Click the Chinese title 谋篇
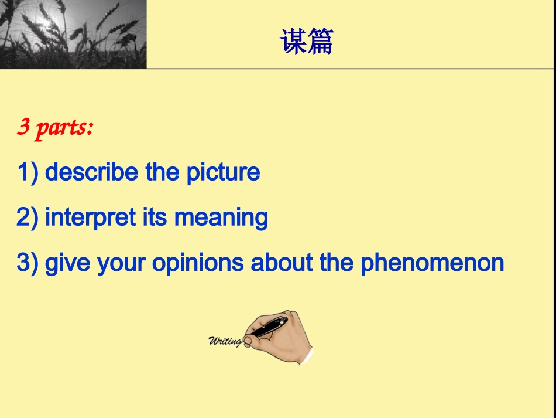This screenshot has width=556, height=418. point(307,42)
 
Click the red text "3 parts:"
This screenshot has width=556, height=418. point(55,127)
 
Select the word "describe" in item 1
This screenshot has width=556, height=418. point(91,172)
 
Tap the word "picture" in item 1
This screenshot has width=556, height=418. point(223,173)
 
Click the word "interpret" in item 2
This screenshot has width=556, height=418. point(90,218)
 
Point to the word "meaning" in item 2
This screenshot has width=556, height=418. point(221,218)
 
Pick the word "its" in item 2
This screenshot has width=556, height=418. point(155,217)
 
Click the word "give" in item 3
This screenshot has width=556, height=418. point(67,263)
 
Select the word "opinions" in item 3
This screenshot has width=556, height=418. point(198,263)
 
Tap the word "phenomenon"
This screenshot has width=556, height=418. point(433,263)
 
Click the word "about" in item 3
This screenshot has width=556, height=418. point(282,262)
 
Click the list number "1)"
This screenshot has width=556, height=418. point(28,172)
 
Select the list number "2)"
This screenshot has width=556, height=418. point(28,218)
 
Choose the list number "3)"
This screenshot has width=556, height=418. point(28,263)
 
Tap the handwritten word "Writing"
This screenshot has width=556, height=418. point(225,341)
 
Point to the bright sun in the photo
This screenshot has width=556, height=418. point(46,22)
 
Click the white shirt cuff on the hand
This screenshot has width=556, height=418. point(307,356)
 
